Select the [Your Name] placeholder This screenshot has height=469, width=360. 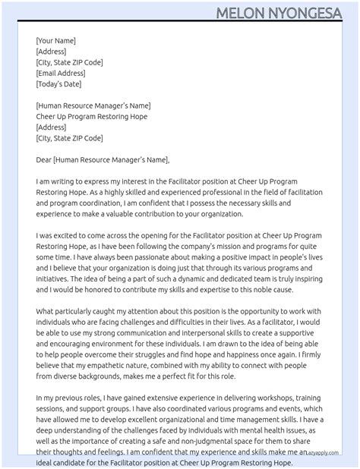(55, 41)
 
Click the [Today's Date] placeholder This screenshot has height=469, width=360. (58, 83)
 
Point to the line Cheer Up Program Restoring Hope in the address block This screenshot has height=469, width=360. (92, 117)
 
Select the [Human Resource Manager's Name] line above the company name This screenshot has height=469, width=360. (93, 105)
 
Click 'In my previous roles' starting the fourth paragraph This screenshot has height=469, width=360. (74, 398)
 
